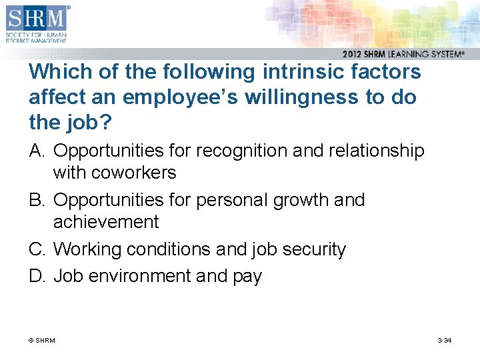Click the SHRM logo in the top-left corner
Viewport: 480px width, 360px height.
click(x=37, y=23)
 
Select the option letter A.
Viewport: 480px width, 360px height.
click(x=37, y=151)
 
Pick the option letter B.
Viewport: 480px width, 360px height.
click(x=37, y=200)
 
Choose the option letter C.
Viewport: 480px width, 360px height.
click(x=37, y=249)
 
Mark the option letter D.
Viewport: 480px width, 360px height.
click(x=37, y=276)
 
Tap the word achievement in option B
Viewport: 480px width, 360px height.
click(x=105, y=222)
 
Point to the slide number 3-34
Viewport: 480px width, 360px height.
click(x=444, y=341)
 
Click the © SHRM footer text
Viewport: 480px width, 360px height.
click(x=42, y=341)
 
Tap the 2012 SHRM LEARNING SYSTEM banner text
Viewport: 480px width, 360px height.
click(x=403, y=55)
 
